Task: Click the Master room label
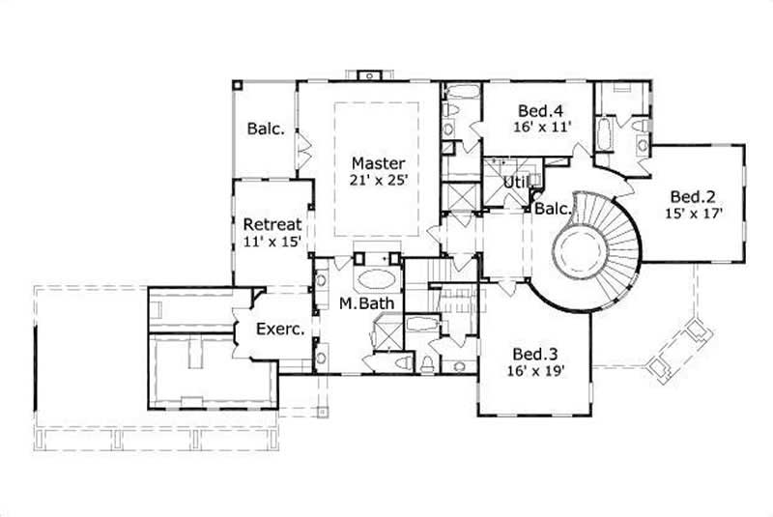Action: (x=378, y=162)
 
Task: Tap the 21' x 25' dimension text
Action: (x=378, y=180)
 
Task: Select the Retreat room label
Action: (x=267, y=224)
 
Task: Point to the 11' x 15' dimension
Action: (x=267, y=242)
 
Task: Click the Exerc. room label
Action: (x=280, y=329)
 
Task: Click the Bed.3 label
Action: (x=532, y=353)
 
